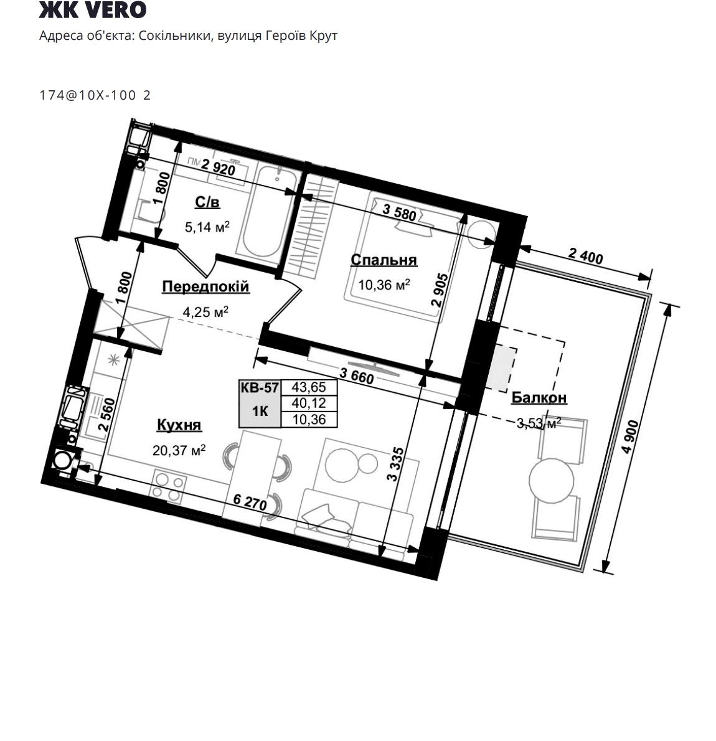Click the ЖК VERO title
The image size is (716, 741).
coord(93,9)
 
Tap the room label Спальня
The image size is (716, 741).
coord(384,260)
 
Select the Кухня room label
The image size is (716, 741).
coord(179,425)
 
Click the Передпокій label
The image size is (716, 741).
coord(205,286)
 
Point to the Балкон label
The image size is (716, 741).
coord(539,398)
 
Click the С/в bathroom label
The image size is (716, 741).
coord(207,203)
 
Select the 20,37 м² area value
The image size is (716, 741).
coord(179,450)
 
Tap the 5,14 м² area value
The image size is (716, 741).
coord(207,227)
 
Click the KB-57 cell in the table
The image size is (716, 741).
coord(260,388)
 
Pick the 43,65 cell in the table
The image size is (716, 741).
coord(309,387)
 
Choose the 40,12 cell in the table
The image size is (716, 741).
coord(309,403)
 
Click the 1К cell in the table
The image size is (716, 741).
coord(260,412)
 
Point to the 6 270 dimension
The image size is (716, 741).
coord(250,503)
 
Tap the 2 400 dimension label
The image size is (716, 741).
coord(585,256)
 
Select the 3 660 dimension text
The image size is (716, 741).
coord(356,376)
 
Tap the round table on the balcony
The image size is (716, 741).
coord(551,481)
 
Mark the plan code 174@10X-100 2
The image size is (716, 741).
coord(95,95)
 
